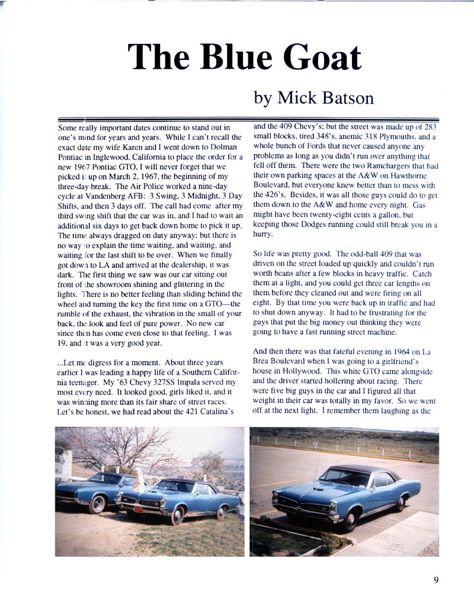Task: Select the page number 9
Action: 435,580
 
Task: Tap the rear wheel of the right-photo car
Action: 400,503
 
